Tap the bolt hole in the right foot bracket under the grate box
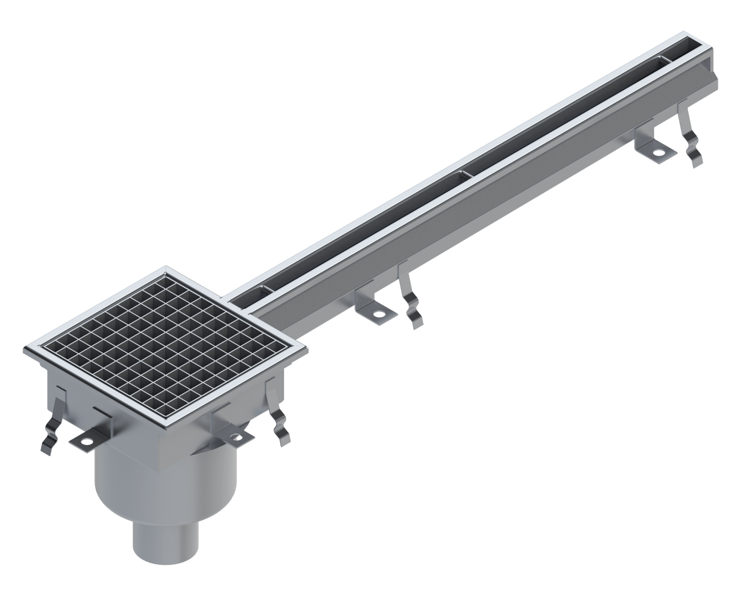pyautogui.click(x=238, y=437)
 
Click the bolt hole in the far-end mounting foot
pyautogui.click(x=659, y=152)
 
